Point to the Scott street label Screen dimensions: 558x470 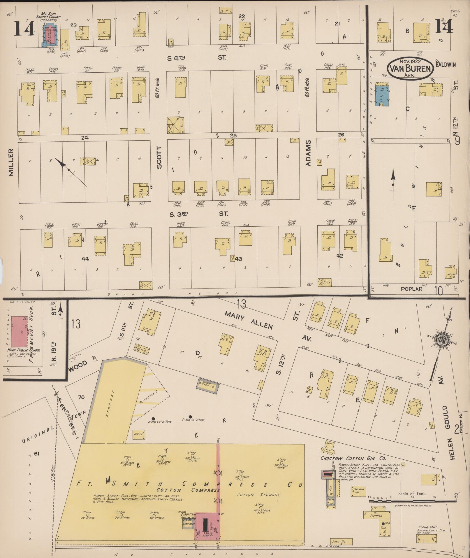159,158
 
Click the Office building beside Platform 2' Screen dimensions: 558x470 138,434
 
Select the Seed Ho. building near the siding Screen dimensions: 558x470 342,542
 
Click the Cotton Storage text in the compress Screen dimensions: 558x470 259,495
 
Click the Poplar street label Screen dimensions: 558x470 411,289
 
